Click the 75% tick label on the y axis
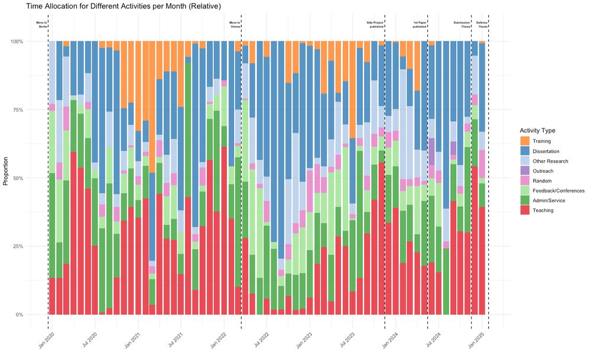(32, 110)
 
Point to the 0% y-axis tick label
(34, 314)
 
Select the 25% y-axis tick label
(32, 247)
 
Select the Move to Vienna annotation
(235, 24)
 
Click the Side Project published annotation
(375, 24)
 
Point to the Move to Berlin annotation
(41, 24)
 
